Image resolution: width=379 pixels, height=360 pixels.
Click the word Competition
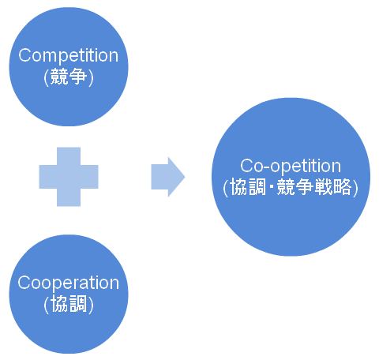(x=69, y=55)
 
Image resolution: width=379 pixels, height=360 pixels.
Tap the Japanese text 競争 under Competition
(x=69, y=77)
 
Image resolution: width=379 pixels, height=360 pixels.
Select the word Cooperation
(x=69, y=283)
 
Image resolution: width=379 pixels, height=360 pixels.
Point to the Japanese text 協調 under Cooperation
(x=69, y=304)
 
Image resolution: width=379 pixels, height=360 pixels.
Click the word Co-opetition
(x=291, y=166)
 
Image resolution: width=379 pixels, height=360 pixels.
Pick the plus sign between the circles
(x=69, y=177)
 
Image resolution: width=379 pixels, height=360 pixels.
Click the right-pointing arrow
(x=168, y=177)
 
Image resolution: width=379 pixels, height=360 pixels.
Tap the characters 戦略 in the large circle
(x=334, y=186)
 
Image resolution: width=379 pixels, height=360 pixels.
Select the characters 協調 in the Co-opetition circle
(x=248, y=186)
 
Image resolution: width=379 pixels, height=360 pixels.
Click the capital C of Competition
(x=25, y=55)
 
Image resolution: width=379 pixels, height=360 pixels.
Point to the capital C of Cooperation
(x=25, y=283)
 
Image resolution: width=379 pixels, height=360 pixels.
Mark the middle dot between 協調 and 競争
(x=272, y=187)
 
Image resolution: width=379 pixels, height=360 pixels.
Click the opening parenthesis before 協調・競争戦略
(x=226, y=187)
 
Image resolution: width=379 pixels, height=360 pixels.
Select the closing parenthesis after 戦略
(x=355, y=187)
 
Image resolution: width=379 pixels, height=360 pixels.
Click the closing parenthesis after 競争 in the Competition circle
(x=91, y=77)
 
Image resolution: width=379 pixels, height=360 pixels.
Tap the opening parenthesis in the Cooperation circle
(x=47, y=305)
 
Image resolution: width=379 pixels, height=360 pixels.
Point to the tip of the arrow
(x=185, y=177)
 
